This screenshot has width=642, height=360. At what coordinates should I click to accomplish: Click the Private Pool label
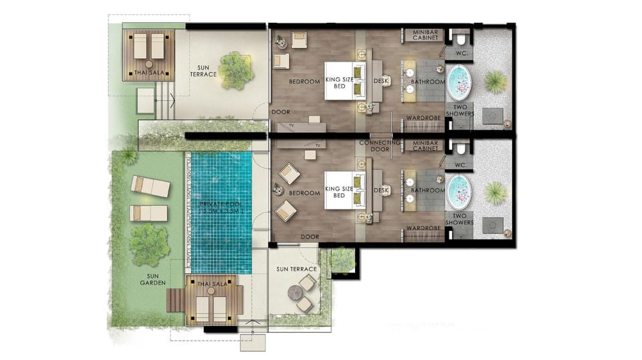(221, 203)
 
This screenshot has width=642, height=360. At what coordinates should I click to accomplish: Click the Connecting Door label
(380, 146)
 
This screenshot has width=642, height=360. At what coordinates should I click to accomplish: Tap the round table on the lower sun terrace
(294, 293)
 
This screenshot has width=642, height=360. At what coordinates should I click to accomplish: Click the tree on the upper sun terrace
(235, 70)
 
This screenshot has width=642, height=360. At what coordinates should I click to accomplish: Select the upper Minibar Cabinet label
(425, 35)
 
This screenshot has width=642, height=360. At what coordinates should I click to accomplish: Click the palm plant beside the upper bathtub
(495, 82)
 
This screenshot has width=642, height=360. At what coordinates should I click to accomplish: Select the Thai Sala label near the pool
(213, 284)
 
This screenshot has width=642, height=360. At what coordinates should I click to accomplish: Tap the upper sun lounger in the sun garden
(150, 187)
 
